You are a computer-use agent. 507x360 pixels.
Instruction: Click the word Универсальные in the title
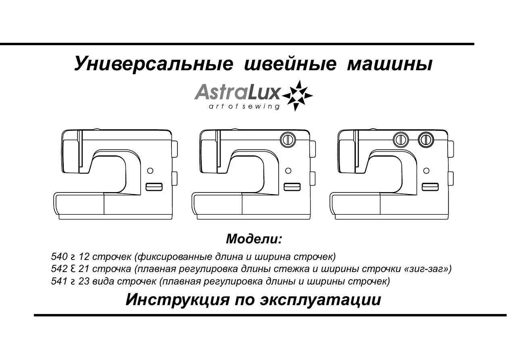coord(153,65)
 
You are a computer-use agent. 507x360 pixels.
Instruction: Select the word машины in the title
coord(390,65)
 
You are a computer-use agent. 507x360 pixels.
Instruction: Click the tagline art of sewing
coord(244,107)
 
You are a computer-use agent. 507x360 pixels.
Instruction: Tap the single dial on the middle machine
coord(288,139)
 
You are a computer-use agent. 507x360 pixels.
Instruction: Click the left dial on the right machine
coord(401,139)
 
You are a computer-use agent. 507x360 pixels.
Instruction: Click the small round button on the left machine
coord(150,171)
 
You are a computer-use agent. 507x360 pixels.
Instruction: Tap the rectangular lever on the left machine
coord(154,186)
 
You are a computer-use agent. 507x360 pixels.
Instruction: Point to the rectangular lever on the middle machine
coord(292,186)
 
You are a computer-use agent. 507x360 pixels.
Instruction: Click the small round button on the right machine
coord(426,171)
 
